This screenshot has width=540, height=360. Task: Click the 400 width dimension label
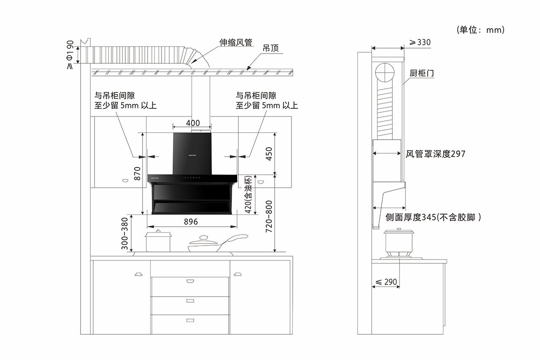tap(192, 123)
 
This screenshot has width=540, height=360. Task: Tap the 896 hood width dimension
tap(191, 221)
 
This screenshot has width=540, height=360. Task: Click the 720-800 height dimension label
tap(269, 216)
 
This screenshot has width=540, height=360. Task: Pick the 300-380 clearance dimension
tap(124, 233)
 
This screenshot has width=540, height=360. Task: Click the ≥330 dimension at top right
tap(420, 42)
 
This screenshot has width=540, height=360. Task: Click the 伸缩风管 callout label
tap(235, 43)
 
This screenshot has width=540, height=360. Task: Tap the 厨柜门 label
tap(422, 73)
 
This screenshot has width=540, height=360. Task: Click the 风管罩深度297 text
tap(435, 154)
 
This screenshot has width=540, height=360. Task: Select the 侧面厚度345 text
tap(433, 218)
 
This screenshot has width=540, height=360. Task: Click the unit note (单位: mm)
tap(481, 30)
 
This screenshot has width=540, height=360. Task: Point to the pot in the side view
tap(398, 241)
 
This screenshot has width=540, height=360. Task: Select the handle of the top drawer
tap(189, 280)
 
